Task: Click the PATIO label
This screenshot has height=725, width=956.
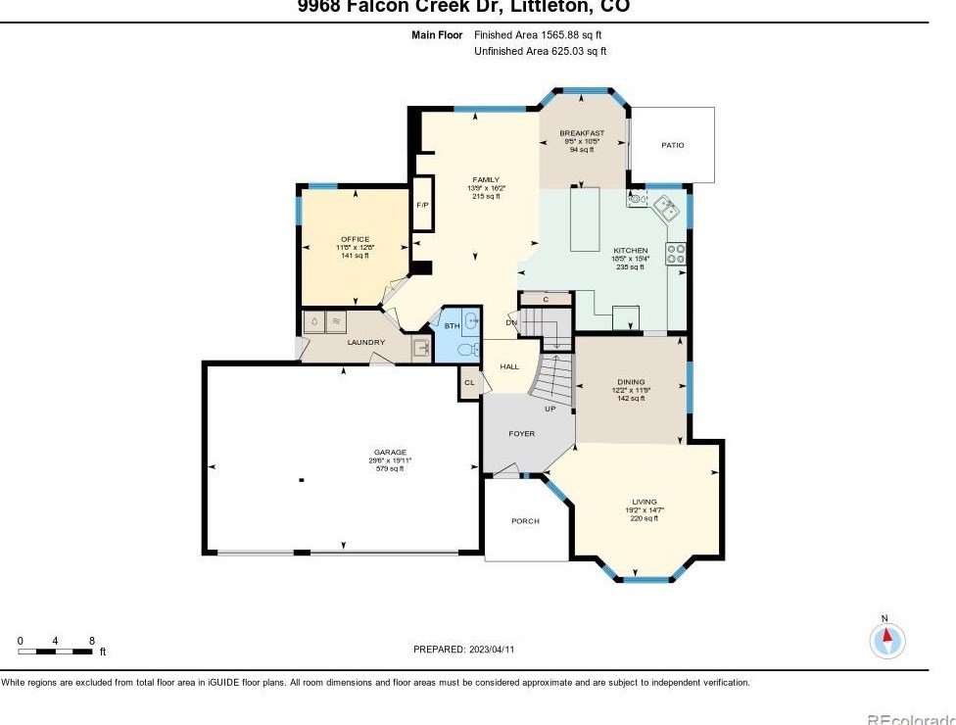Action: (x=672, y=145)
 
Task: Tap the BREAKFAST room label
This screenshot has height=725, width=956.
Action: (x=582, y=133)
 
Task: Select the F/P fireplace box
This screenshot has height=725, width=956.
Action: (x=423, y=204)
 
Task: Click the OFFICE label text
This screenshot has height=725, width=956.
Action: (x=355, y=239)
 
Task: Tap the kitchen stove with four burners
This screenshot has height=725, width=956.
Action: (x=676, y=254)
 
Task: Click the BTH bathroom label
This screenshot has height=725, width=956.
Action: (x=452, y=326)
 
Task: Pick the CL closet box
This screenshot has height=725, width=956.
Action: (x=469, y=383)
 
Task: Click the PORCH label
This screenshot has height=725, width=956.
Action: (x=525, y=521)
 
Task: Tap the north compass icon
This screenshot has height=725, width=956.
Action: (x=886, y=640)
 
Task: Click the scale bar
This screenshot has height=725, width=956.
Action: (x=55, y=651)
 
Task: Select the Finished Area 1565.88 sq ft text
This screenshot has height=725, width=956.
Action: (x=538, y=34)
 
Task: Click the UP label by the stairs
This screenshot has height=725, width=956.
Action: (x=550, y=409)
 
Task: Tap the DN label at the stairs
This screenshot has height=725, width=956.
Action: (x=510, y=322)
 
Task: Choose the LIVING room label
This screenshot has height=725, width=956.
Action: (x=644, y=502)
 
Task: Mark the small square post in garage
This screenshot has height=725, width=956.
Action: (x=302, y=480)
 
